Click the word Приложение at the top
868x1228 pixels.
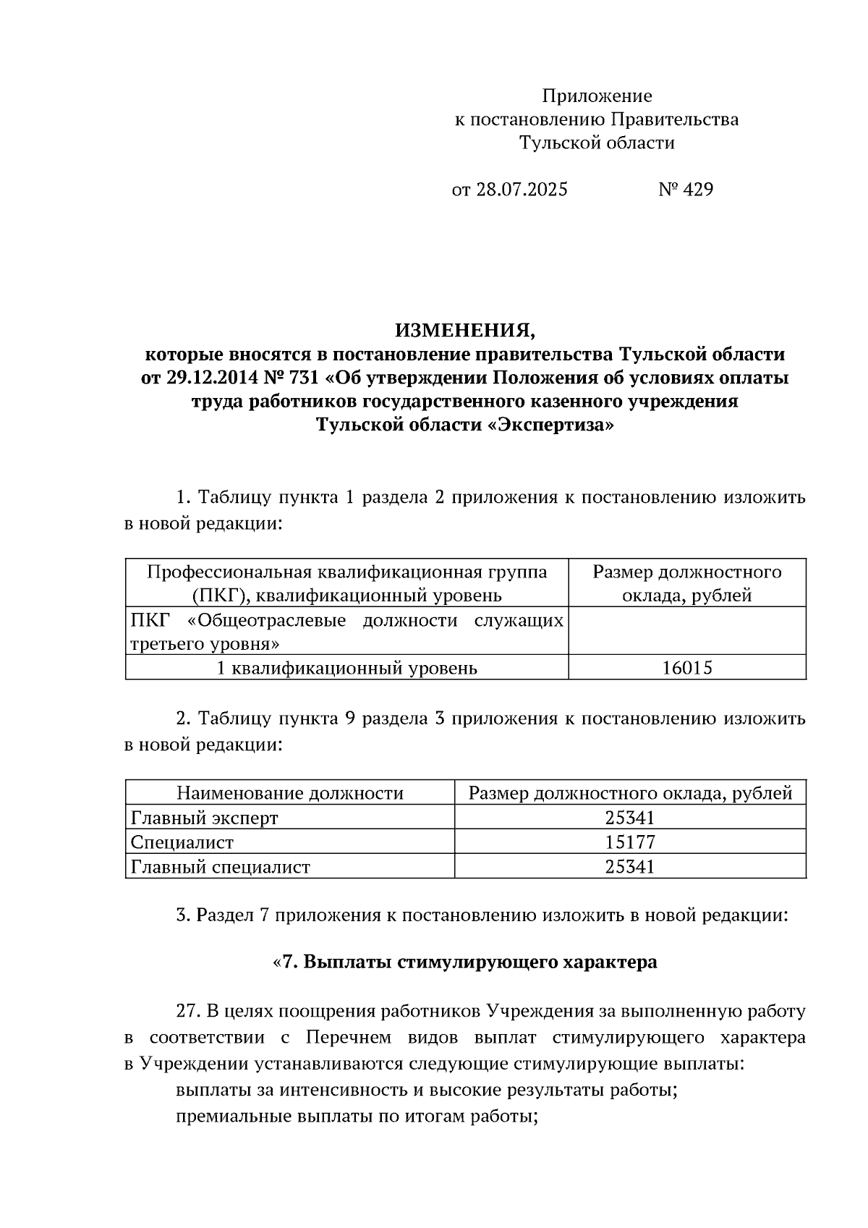pyautogui.click(x=597, y=96)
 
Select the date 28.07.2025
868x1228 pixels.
pyautogui.click(x=521, y=190)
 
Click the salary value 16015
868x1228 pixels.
pyautogui.click(x=687, y=667)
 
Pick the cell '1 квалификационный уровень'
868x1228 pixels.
pyautogui.click(x=347, y=667)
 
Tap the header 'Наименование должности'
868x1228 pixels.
pyautogui.click(x=290, y=793)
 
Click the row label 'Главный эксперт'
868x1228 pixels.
pyautogui.click(x=204, y=818)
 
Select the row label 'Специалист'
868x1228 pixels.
pyautogui.click(x=182, y=842)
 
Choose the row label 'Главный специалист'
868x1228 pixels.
pyautogui.click(x=220, y=867)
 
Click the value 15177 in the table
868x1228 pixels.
pyautogui.click(x=630, y=842)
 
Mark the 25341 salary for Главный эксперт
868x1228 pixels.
pyautogui.click(x=630, y=818)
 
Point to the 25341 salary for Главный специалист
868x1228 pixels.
pyautogui.click(x=630, y=867)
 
